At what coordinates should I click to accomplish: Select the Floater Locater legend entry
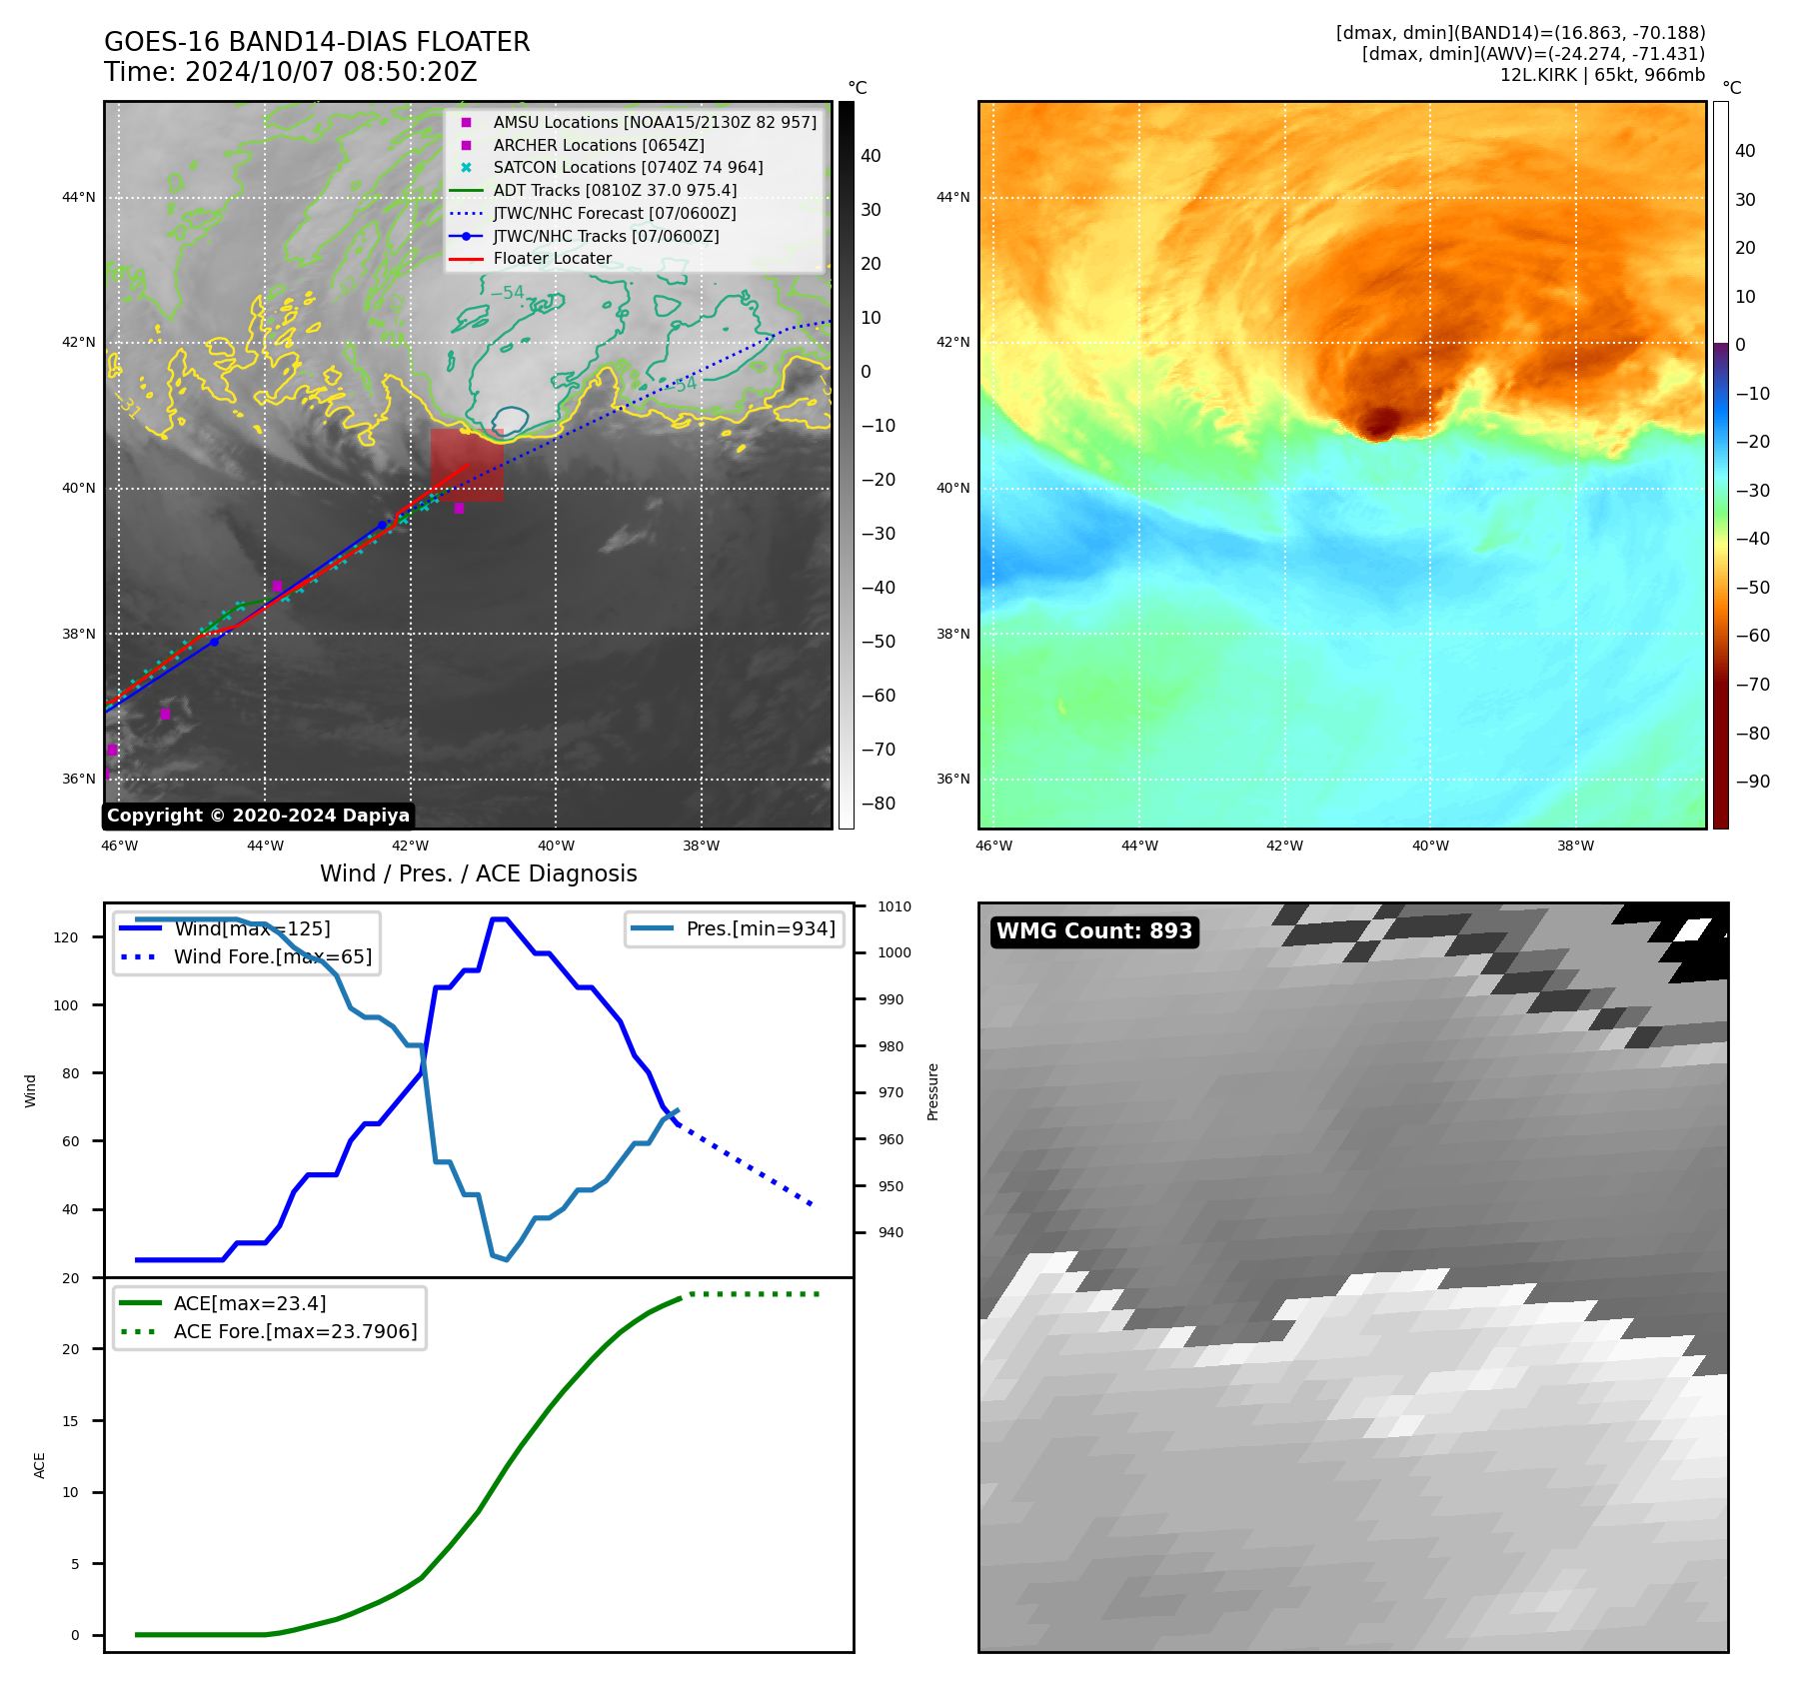coord(552,258)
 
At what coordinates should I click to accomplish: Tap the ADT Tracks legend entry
coord(615,190)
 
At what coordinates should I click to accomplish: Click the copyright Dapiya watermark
coord(258,816)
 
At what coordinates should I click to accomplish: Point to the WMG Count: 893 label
coord(1094,931)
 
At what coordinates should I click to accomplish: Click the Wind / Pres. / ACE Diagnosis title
coord(478,873)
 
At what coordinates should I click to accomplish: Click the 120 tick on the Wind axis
coord(66,937)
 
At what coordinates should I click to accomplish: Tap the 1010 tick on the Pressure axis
coord(895,906)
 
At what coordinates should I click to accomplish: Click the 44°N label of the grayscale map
coord(79,197)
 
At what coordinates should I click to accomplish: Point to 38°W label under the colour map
coord(1575,845)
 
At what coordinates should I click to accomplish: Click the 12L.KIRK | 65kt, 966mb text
coord(1602,75)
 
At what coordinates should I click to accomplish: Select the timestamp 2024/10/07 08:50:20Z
coord(331,72)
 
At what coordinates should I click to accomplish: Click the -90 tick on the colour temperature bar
coord(1752,782)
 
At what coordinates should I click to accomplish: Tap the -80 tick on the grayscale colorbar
coord(878,803)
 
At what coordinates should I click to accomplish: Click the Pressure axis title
coord(932,1091)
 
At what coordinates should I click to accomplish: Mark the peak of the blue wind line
coord(500,918)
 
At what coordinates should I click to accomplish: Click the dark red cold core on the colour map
coord(1381,423)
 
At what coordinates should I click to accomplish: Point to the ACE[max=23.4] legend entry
coord(250,1303)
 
